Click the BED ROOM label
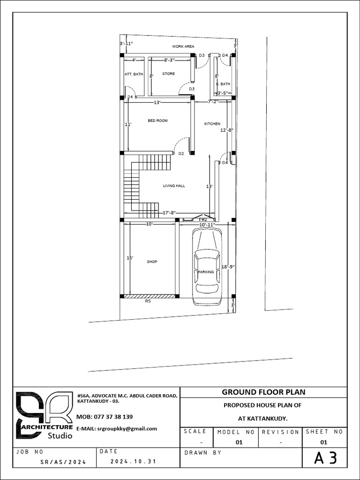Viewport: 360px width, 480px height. click(157, 120)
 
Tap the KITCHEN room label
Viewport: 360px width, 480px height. click(212, 124)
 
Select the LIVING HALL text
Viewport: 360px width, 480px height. click(174, 186)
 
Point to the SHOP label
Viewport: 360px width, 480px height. click(152, 262)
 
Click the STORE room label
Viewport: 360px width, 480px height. click(168, 74)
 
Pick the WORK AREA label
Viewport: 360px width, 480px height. click(183, 46)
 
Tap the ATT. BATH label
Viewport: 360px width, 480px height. click(134, 74)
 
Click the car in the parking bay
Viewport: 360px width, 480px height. click(207, 267)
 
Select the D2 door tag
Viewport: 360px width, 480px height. click(181, 154)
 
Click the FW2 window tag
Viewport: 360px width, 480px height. click(203, 219)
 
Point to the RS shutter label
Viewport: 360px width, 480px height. click(148, 301)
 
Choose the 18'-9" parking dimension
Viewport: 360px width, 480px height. click(228, 267)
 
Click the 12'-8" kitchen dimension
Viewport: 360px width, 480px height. click(227, 130)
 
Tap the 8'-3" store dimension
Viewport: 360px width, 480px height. click(169, 60)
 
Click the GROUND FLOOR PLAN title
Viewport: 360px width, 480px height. click(263, 392)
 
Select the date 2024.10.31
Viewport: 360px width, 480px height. click(133, 461)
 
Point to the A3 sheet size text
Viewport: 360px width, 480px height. click(326, 458)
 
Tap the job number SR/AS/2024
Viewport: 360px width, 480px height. click(64, 462)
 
